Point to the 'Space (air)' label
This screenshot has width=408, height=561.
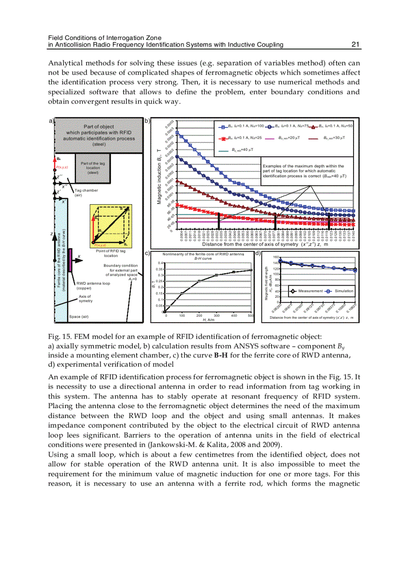pyautogui.click(x=78, y=317)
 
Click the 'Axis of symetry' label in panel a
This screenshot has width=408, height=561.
pyautogui.click(x=85, y=299)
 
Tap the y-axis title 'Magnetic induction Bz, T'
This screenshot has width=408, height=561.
pyautogui.click(x=159, y=177)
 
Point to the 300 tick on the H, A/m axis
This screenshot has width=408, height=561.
pyautogui.click(x=216, y=316)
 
